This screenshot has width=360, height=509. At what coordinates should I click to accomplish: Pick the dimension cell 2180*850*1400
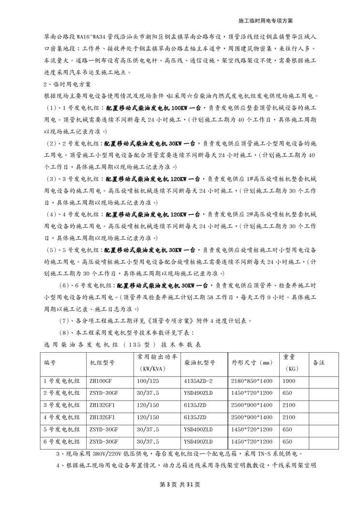tap(252, 380)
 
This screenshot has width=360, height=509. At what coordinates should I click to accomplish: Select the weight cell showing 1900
tap(289, 380)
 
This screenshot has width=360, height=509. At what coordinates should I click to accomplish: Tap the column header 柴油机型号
tap(199, 362)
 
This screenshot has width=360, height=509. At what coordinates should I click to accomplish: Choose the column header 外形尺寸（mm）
tap(252, 362)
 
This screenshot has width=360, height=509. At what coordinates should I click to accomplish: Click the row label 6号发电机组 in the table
tap(62, 441)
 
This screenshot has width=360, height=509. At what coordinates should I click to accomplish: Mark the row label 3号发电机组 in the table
tap(62, 404)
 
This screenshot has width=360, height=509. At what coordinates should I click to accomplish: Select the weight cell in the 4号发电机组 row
tap(289, 417)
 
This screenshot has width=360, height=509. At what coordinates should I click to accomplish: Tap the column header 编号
tap(50, 362)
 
